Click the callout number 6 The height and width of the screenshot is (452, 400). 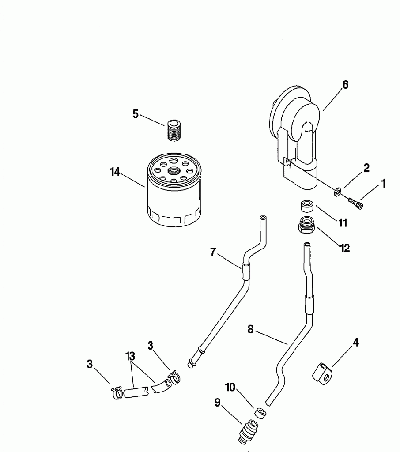pyautogui.click(x=345, y=85)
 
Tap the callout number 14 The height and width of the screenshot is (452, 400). pyautogui.click(x=115, y=172)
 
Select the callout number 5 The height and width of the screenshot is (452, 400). pyautogui.click(x=136, y=114)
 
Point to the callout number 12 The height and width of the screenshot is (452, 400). pyautogui.click(x=345, y=248)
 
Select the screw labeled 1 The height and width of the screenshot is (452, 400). pyautogui.click(x=355, y=203)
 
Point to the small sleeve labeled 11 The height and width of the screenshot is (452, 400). pyautogui.click(x=307, y=206)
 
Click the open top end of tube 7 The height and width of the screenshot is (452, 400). pyautogui.click(x=263, y=218)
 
